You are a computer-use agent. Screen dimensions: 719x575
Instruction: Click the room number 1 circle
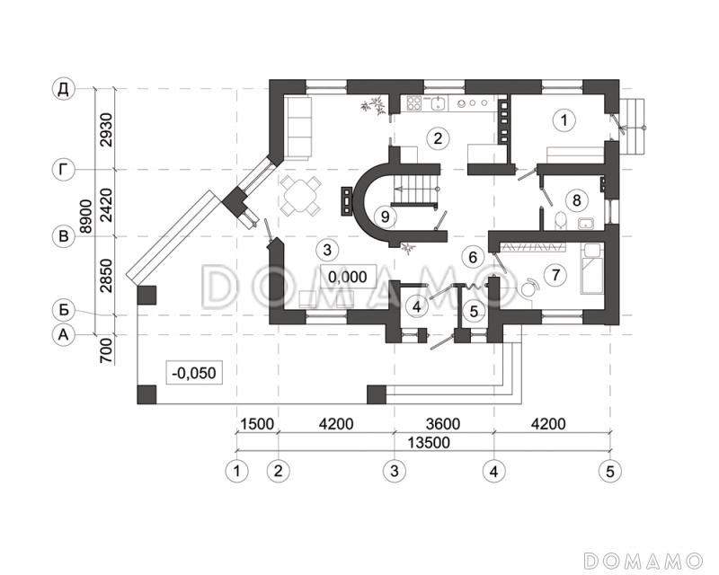click(564, 120)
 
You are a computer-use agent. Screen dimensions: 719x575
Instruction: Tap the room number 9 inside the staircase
click(386, 216)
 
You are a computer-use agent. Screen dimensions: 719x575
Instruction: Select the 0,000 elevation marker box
click(348, 277)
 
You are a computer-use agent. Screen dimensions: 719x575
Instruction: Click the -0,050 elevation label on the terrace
click(194, 372)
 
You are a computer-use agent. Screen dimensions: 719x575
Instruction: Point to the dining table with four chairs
click(300, 196)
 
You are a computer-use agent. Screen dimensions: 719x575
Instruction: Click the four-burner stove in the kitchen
click(414, 102)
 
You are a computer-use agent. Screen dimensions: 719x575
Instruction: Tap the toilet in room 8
click(560, 221)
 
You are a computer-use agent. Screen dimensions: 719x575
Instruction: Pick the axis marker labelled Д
click(63, 89)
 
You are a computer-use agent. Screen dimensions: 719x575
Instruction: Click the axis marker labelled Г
click(63, 170)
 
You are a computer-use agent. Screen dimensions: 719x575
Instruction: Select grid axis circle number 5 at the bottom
click(610, 471)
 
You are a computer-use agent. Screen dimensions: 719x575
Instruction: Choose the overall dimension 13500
click(430, 443)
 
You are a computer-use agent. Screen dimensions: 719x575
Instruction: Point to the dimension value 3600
click(442, 424)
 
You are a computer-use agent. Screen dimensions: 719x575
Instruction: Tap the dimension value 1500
click(257, 424)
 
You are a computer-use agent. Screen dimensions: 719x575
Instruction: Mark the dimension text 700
click(106, 350)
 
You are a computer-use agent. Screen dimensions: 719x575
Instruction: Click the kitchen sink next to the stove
click(439, 102)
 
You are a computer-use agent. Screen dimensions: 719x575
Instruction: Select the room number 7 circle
click(555, 275)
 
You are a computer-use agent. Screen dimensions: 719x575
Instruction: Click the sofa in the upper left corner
click(298, 128)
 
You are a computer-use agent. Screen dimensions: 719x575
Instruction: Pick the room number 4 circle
click(416, 306)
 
